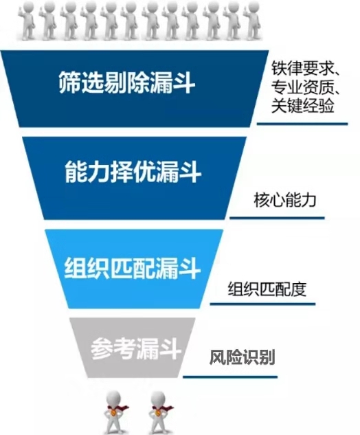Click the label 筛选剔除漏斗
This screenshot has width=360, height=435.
tap(127, 82)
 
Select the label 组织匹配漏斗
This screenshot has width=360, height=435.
tap(133, 268)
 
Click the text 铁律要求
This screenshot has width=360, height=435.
tap(302, 68)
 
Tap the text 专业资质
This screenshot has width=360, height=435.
tap(302, 87)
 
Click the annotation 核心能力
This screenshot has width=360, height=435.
tap(285, 199)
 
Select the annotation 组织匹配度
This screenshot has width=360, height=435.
tap(267, 289)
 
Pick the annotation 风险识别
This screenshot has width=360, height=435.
tap(242, 357)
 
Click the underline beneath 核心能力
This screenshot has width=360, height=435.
tap(277, 218)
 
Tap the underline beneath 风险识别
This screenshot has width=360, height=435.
tap(230, 377)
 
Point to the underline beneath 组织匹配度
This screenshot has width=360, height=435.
tap(262, 304)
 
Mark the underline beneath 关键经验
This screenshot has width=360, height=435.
tap(302, 124)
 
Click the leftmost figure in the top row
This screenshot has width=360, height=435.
tap(28, 20)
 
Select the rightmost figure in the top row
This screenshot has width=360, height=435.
tap(253, 20)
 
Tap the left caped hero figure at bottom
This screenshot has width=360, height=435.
tap(114, 412)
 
